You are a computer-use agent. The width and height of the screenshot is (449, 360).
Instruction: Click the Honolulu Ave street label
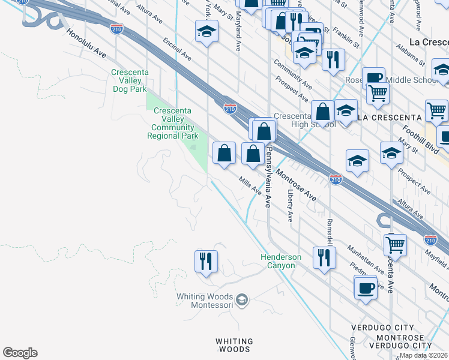point(86,44)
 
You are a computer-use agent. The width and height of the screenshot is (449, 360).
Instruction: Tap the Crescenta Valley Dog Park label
point(130,80)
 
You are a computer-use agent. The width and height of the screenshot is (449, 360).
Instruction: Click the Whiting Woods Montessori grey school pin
point(241,299)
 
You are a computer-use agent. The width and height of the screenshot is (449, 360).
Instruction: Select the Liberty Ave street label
point(290,205)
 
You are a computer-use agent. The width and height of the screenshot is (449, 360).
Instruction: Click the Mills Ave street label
point(250,186)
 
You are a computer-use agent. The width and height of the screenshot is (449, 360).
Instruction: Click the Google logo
point(20,353)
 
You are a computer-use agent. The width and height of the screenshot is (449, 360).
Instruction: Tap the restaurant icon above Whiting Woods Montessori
point(206,262)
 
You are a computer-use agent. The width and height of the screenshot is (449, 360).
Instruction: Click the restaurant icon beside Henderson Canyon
point(324,258)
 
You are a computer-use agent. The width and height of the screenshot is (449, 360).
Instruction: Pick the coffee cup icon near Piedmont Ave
point(366,289)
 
